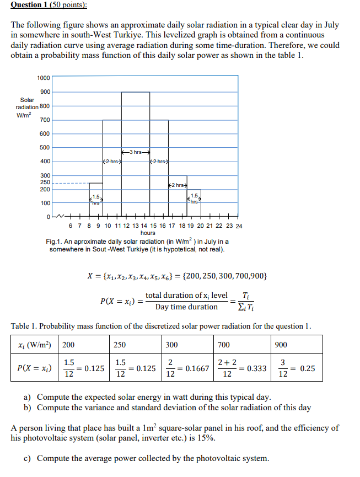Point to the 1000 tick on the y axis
[x=44, y=78]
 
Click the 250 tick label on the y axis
[x=45, y=182]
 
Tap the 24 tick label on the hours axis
[x=238, y=226]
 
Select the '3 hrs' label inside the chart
[x=136, y=152]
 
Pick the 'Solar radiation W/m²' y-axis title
[x=27, y=107]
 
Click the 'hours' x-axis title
[x=148, y=233]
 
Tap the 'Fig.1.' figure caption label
[x=56, y=242]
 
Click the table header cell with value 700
[x=224, y=345]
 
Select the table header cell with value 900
[x=281, y=345]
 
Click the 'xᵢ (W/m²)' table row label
[x=34, y=345]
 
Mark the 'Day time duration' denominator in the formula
[x=186, y=307]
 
